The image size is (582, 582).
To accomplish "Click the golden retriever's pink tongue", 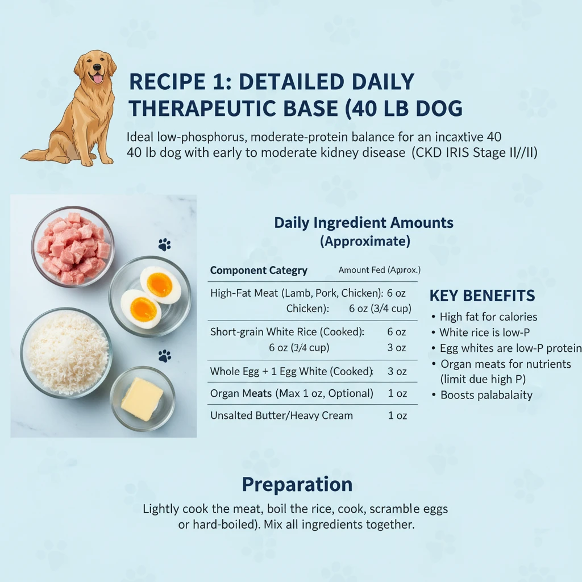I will [98, 78].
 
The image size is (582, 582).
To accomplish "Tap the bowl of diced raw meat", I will [73, 247].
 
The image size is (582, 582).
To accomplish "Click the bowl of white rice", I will [66, 352].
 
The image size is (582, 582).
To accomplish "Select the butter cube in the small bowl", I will [142, 398].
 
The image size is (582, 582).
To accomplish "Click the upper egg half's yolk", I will [160, 284].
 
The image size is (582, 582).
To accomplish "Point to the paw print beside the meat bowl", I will [164, 245].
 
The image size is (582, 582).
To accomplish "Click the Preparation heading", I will [297, 485].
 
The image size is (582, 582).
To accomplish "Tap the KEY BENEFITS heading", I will [482, 296].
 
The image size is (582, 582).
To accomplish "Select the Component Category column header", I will [259, 271].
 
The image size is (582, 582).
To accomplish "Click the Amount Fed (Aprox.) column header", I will [379, 270].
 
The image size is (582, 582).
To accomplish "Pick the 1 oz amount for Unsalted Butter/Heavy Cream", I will [397, 415].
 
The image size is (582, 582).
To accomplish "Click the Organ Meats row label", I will [292, 393].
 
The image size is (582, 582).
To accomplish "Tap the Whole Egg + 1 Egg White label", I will [292, 371].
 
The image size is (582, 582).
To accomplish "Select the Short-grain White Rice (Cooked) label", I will [287, 331].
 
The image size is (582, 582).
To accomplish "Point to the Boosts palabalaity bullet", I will [487, 395].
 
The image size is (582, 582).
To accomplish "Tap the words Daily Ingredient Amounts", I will [364, 222].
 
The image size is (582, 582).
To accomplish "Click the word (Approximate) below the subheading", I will [365, 241].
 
